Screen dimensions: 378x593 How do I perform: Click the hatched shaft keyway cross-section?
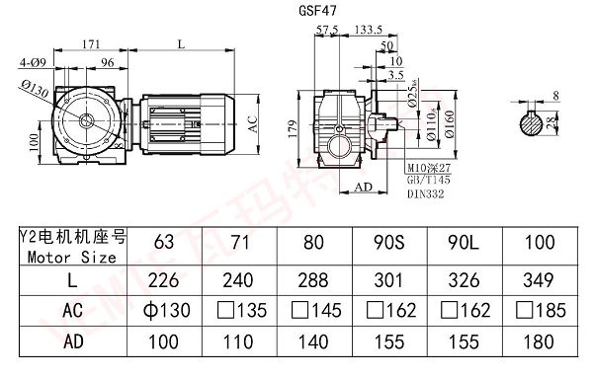pyautogui.click(x=535, y=122)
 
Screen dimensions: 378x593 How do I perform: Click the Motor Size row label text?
pyautogui.click(x=68, y=257)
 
